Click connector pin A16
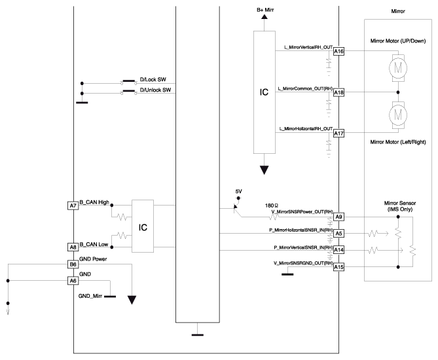click(338, 52)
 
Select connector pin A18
click(338, 93)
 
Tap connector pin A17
click(338, 134)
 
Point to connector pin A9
click(338, 217)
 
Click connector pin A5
click(338, 233)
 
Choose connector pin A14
click(338, 251)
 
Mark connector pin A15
click(338, 267)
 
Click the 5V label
click(238, 191)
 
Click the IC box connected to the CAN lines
click(142, 226)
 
